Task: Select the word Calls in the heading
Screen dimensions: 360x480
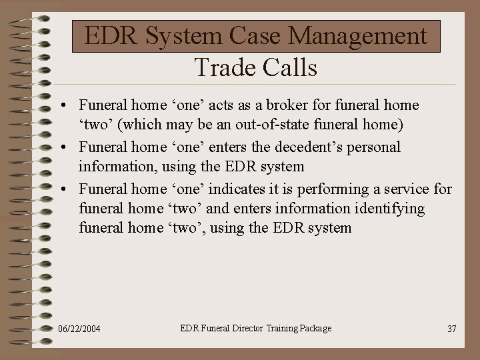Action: pyautogui.click(x=290, y=67)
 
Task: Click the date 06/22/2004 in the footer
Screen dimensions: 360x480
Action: pyautogui.click(x=79, y=329)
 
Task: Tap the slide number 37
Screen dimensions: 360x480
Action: pyautogui.click(x=451, y=329)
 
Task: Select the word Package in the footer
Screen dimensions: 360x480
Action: pyautogui.click(x=315, y=328)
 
